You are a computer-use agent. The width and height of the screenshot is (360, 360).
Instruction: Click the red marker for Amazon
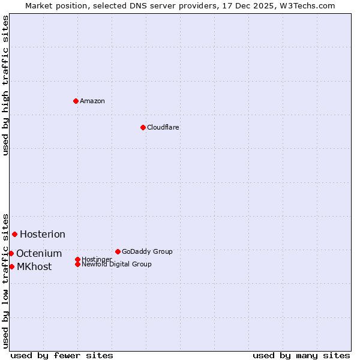[x=76, y=101]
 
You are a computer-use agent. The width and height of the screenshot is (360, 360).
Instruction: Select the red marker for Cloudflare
[x=143, y=127]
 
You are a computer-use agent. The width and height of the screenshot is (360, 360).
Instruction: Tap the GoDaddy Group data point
[x=118, y=251]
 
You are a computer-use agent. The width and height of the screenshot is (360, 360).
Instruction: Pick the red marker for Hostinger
[x=77, y=259]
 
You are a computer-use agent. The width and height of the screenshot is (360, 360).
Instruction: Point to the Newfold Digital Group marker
[x=78, y=264]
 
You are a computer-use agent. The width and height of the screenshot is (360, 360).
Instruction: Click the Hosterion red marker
[x=14, y=234]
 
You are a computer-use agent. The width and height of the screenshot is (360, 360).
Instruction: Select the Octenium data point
[x=11, y=253]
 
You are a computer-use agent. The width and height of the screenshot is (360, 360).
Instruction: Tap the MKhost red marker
[x=11, y=266]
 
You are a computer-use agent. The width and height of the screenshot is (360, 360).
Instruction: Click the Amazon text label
[x=92, y=101]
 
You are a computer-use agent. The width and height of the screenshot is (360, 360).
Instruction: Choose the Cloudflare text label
[x=163, y=127]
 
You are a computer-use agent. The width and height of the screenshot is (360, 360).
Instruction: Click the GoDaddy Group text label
[x=147, y=251]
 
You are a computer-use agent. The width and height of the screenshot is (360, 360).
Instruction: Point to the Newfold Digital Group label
[x=117, y=264]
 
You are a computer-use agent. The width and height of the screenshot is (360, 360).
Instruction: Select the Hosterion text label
[x=43, y=234]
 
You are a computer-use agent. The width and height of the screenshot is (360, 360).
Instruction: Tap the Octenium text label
[x=39, y=253]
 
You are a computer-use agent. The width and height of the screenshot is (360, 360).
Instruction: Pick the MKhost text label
[x=34, y=266]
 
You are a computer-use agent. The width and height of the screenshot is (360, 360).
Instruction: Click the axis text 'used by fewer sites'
[x=62, y=355]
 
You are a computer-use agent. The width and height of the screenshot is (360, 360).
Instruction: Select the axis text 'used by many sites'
[x=301, y=355]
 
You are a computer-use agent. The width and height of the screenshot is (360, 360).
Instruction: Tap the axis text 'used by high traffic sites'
[x=6, y=85]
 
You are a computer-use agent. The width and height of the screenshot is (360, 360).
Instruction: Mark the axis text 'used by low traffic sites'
[x=6, y=280]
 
